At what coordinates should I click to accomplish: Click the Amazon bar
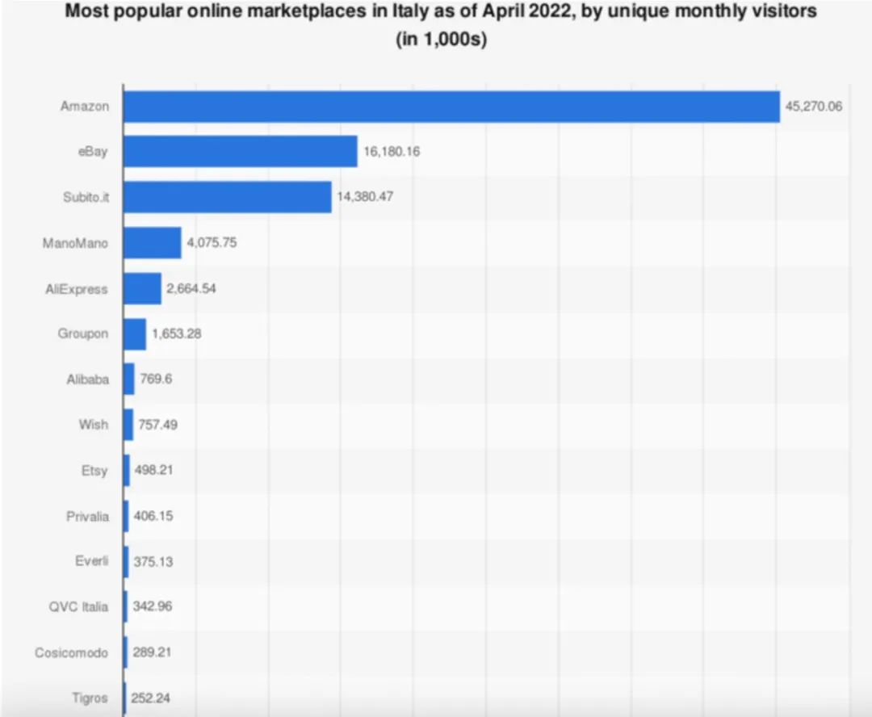pyautogui.click(x=451, y=106)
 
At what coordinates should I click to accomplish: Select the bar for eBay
pyautogui.click(x=240, y=151)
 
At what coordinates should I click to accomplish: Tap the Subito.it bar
pyautogui.click(x=227, y=196)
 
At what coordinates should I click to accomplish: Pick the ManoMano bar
pyautogui.click(x=152, y=242)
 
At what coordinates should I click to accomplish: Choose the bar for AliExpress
pyautogui.click(x=142, y=288)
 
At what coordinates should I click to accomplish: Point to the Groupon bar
pyautogui.click(x=135, y=333)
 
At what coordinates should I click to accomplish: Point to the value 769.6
pyautogui.click(x=157, y=379)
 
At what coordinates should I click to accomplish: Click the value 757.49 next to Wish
pyautogui.click(x=159, y=424)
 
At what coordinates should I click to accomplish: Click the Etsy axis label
pyautogui.click(x=94, y=471)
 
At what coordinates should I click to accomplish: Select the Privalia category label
pyautogui.click(x=87, y=516)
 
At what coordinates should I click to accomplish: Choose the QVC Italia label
pyautogui.click(x=78, y=606)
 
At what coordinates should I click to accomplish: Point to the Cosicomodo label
pyautogui.click(x=71, y=652)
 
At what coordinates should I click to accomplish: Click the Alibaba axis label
pyautogui.click(x=87, y=379)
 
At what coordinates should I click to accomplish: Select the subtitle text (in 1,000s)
pyautogui.click(x=441, y=40)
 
